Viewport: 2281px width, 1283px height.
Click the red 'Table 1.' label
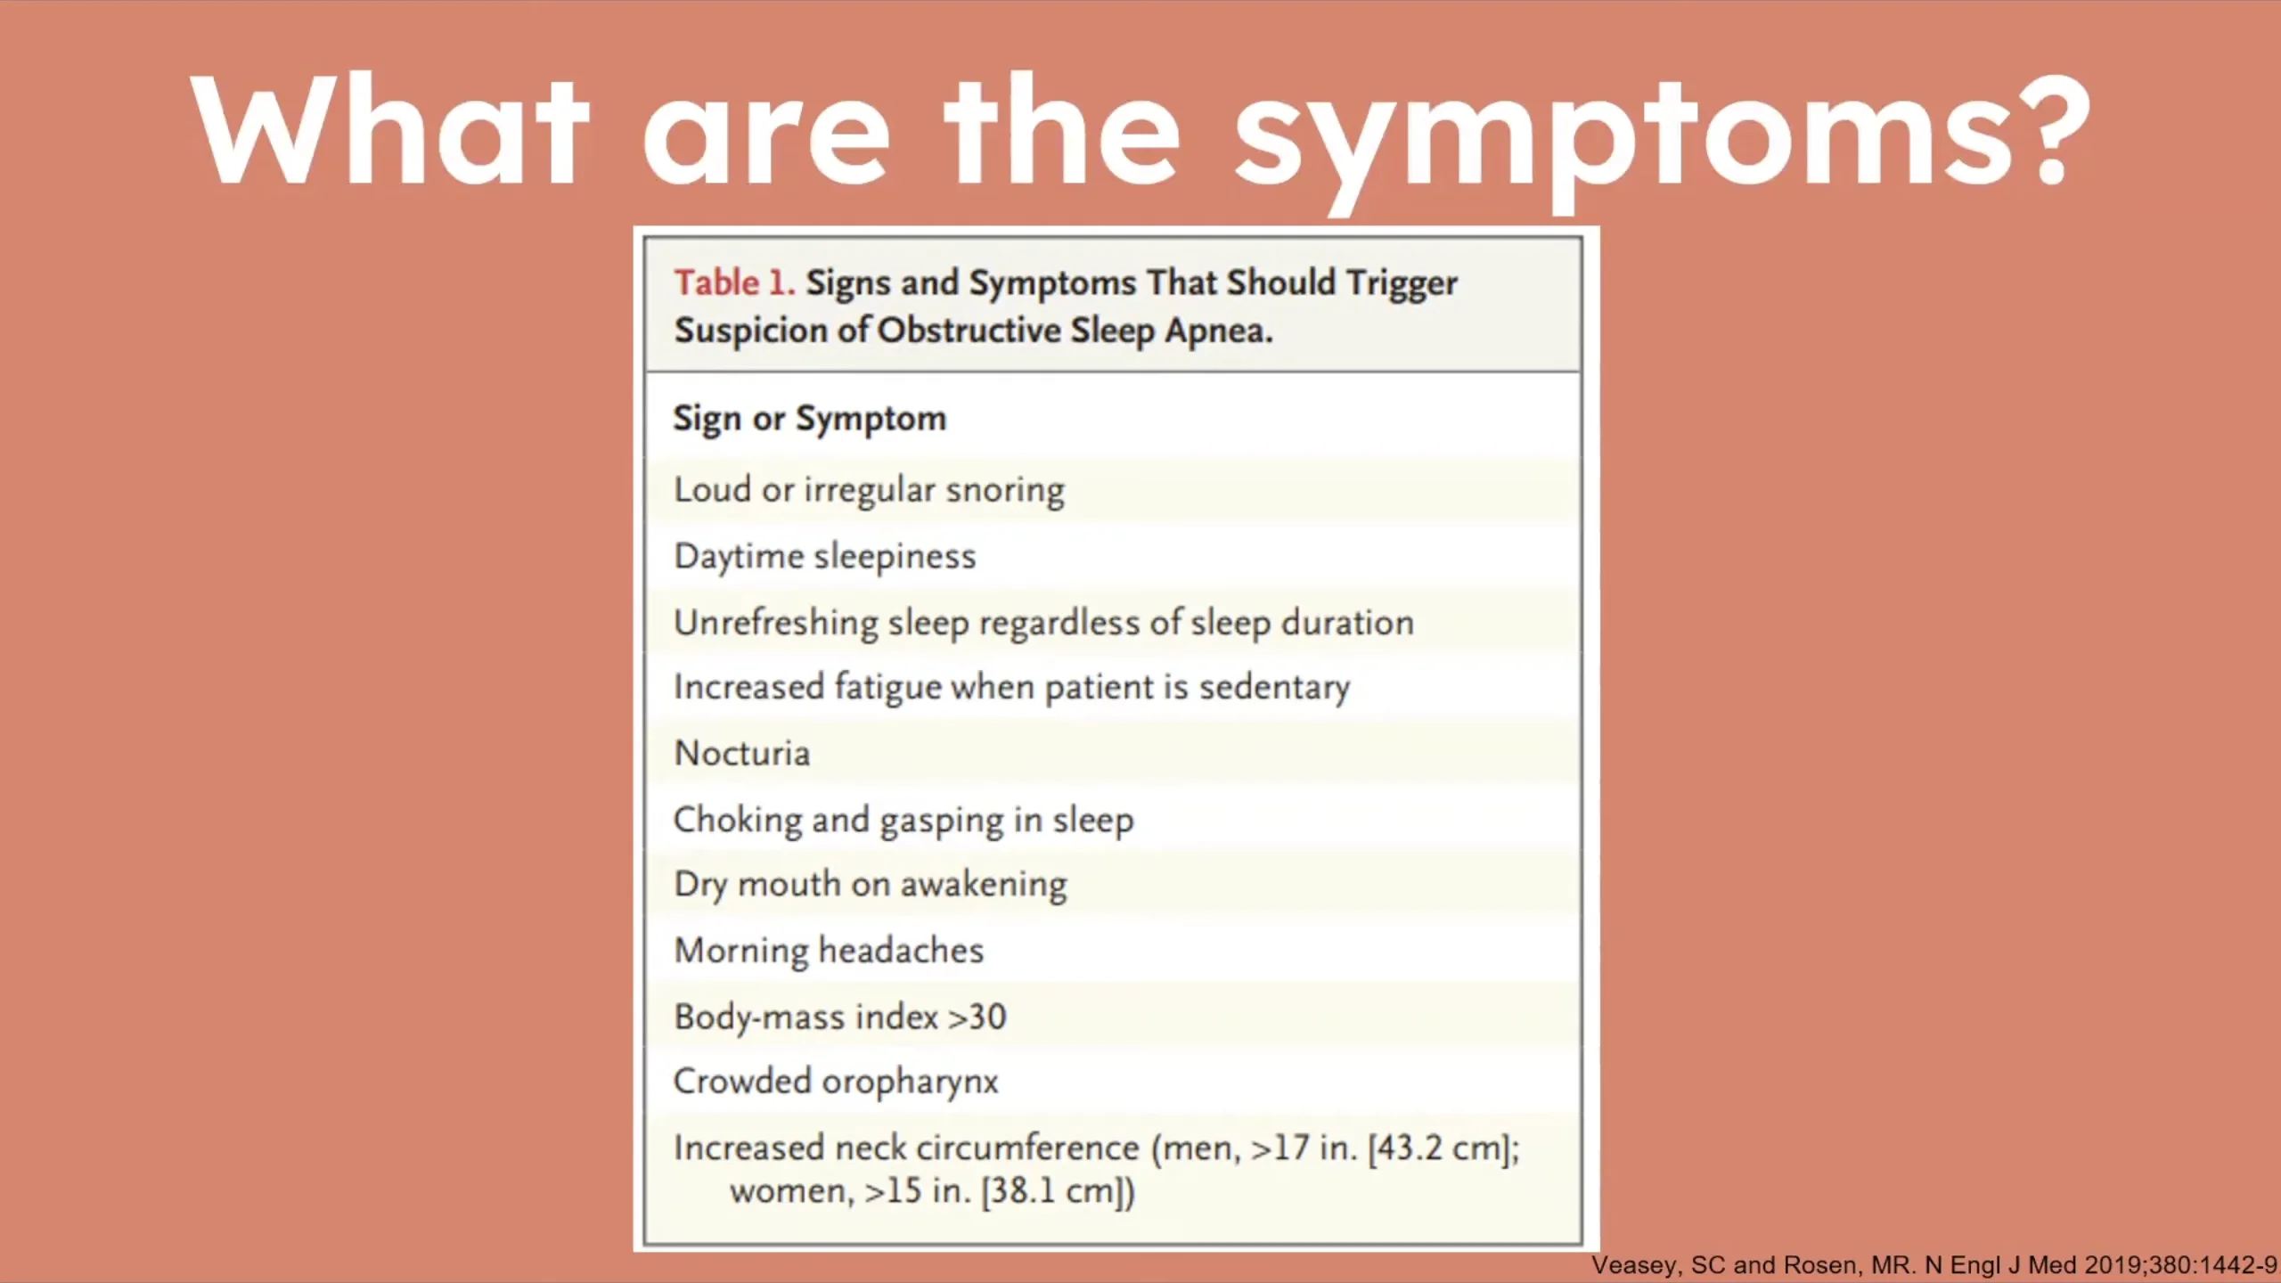point(734,282)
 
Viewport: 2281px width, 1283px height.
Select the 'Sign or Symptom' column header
point(809,419)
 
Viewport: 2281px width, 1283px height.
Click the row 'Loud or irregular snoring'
point(869,490)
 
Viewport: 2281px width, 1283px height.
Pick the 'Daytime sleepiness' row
point(825,557)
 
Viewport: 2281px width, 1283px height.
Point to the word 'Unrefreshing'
point(776,623)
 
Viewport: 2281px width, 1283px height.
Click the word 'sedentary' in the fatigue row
point(1274,688)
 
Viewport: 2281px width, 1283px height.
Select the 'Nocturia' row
point(742,754)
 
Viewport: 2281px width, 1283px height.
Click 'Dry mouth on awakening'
point(871,885)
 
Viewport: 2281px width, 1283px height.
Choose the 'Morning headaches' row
point(829,951)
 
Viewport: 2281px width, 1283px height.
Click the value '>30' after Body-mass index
point(977,1017)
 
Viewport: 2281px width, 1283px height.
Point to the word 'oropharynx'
point(910,1083)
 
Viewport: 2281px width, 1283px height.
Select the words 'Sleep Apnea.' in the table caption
point(1172,331)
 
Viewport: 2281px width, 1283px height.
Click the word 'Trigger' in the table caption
point(1402,284)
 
